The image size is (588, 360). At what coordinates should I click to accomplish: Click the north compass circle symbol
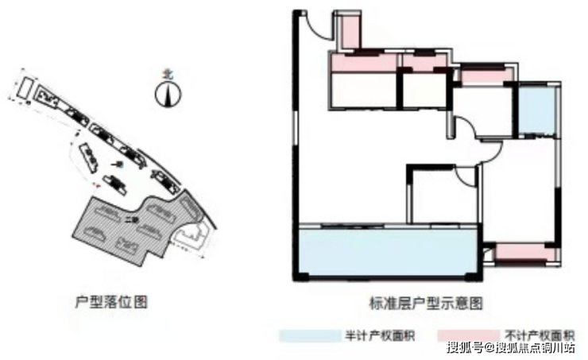[168, 96]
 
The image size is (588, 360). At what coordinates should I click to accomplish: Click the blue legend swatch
[308, 335]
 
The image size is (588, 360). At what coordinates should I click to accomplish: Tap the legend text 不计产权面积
[540, 335]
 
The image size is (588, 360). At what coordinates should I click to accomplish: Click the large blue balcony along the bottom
[387, 253]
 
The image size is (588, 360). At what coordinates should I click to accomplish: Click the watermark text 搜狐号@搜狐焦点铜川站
[512, 347]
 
